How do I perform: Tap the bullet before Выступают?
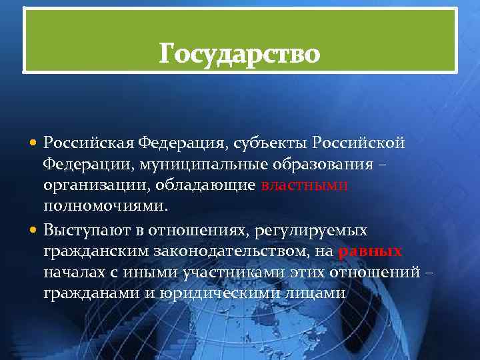pos(34,231)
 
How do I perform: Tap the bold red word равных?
pos(371,252)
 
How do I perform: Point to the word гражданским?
pos(99,252)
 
